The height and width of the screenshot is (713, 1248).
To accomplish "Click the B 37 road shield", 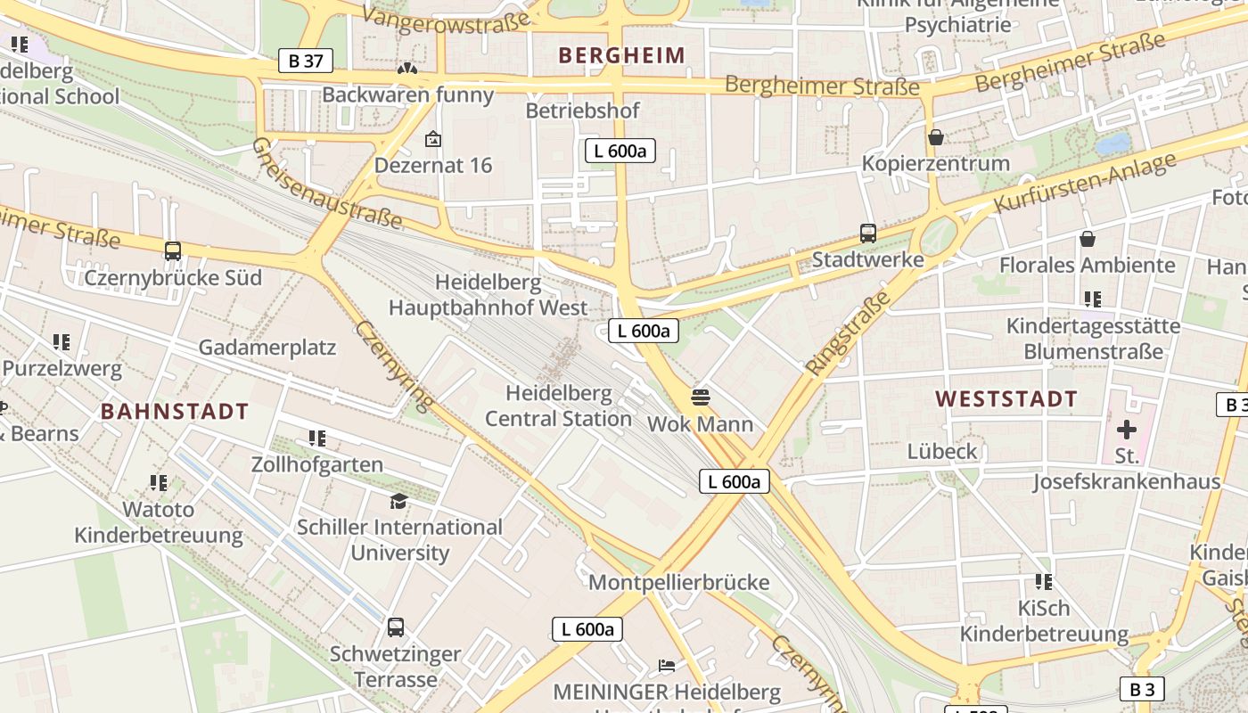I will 305,61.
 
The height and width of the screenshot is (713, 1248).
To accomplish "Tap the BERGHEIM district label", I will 621,55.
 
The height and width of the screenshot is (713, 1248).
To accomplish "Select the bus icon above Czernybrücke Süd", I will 173,251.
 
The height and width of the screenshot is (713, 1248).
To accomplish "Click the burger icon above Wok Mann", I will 700,397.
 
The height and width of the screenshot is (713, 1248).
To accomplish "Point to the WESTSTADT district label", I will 1006,399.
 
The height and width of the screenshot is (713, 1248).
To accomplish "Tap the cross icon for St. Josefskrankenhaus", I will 1127,430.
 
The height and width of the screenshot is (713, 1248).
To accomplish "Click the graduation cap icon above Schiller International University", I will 398,501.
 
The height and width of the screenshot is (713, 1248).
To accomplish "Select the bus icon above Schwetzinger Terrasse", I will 396,627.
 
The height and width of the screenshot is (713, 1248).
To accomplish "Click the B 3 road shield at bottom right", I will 1141,689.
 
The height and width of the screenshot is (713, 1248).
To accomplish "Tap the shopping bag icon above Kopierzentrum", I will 936,137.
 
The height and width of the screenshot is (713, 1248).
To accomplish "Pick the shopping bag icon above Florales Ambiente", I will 1088,239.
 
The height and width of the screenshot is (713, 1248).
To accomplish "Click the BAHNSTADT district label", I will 175,412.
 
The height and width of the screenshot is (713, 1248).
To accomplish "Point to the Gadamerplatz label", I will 267,348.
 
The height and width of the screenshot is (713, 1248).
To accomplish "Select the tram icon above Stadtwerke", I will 868,234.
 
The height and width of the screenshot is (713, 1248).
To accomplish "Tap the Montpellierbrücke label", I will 678,583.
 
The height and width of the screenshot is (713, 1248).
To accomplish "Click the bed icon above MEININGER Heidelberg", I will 666,665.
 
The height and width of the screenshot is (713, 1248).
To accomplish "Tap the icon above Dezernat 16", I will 433,139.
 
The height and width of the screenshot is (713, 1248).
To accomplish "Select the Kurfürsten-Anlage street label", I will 1084,184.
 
